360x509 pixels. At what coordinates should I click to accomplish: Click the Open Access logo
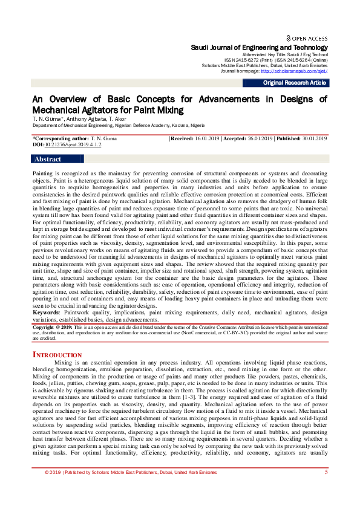[x=307, y=37]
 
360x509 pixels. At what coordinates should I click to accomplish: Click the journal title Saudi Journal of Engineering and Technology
[x=259, y=48]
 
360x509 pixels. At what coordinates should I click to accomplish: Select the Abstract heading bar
[x=48, y=160]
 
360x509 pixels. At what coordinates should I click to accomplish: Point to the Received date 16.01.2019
[x=206, y=139]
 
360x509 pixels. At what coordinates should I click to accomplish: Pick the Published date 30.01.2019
[x=312, y=139]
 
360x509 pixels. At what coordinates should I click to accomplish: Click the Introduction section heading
[x=57, y=355]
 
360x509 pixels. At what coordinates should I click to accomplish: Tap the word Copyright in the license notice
[x=44, y=326]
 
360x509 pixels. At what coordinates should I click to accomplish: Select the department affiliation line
[x=119, y=125]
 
